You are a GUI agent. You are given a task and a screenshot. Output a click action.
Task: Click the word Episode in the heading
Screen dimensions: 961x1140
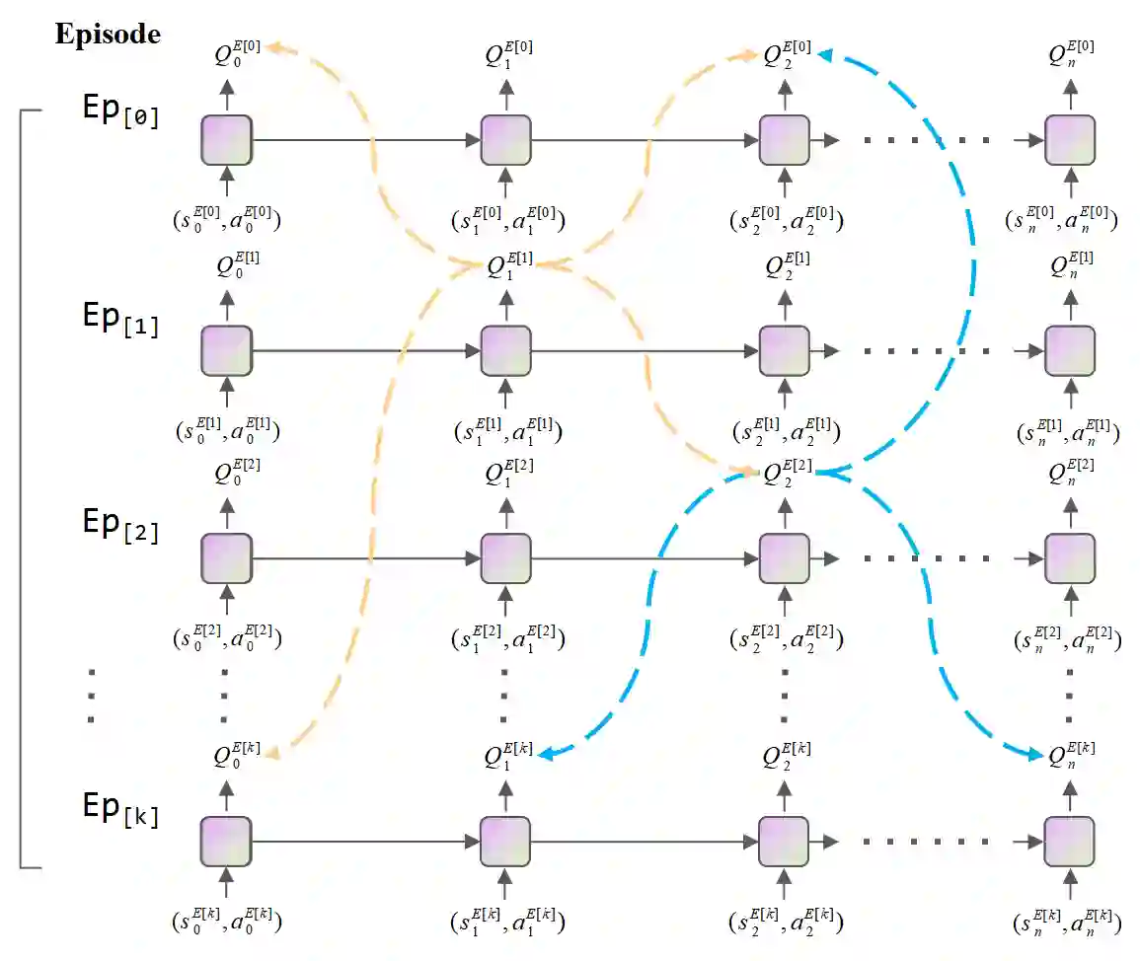108,34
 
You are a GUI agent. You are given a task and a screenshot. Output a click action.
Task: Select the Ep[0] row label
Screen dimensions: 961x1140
120,111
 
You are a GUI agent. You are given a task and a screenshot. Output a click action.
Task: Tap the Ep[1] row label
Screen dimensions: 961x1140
120,323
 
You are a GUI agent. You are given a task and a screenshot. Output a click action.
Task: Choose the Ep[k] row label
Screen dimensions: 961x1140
120,809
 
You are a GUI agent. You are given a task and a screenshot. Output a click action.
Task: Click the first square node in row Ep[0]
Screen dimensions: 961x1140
227,140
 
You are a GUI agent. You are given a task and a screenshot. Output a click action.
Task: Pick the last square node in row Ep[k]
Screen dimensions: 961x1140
1070,842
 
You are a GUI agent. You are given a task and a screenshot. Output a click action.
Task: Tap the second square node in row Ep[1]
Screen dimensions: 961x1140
506,350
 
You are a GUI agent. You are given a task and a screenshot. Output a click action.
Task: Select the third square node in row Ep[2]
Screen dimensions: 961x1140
785,558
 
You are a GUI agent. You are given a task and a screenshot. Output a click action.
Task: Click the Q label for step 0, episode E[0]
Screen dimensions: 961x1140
238,54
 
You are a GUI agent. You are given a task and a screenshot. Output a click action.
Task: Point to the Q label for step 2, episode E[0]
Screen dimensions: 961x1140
787,53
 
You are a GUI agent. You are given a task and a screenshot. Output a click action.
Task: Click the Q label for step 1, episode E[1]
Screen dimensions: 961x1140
510,265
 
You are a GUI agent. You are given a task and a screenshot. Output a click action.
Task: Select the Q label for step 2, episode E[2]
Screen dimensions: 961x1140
787,472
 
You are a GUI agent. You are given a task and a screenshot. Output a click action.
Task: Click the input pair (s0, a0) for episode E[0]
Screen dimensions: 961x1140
228,218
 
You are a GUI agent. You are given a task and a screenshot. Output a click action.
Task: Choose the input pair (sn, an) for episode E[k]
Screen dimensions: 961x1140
1069,923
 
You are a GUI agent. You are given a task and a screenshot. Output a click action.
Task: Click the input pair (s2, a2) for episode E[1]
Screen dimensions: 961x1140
787,429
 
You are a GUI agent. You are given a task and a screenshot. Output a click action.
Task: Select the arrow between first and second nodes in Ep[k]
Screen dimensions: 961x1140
365,842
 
